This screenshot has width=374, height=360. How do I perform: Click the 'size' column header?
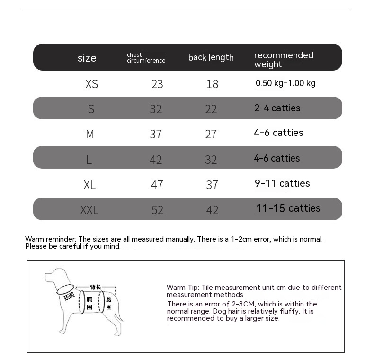(87, 58)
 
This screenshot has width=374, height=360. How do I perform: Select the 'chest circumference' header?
(146, 58)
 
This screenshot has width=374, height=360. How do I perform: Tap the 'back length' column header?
(211, 57)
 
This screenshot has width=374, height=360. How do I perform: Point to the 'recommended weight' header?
(284, 60)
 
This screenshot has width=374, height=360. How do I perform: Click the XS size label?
(92, 84)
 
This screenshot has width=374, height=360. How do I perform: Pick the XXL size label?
(89, 210)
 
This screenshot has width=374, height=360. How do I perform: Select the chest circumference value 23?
(157, 84)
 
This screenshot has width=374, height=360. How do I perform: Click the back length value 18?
(212, 84)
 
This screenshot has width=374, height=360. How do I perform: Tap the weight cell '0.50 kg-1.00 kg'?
(285, 83)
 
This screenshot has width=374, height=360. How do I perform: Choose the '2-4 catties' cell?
(277, 108)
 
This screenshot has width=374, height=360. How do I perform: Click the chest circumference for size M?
(156, 134)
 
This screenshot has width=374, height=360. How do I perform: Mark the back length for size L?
(211, 160)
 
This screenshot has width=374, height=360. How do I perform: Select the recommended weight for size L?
(277, 158)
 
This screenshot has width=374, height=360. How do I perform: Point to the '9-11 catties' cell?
(282, 183)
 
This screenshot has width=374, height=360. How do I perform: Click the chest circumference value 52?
(157, 210)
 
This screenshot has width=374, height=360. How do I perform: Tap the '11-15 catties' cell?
(288, 208)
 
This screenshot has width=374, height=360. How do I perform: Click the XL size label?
(89, 185)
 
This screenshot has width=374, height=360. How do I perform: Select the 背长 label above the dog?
(96, 287)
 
